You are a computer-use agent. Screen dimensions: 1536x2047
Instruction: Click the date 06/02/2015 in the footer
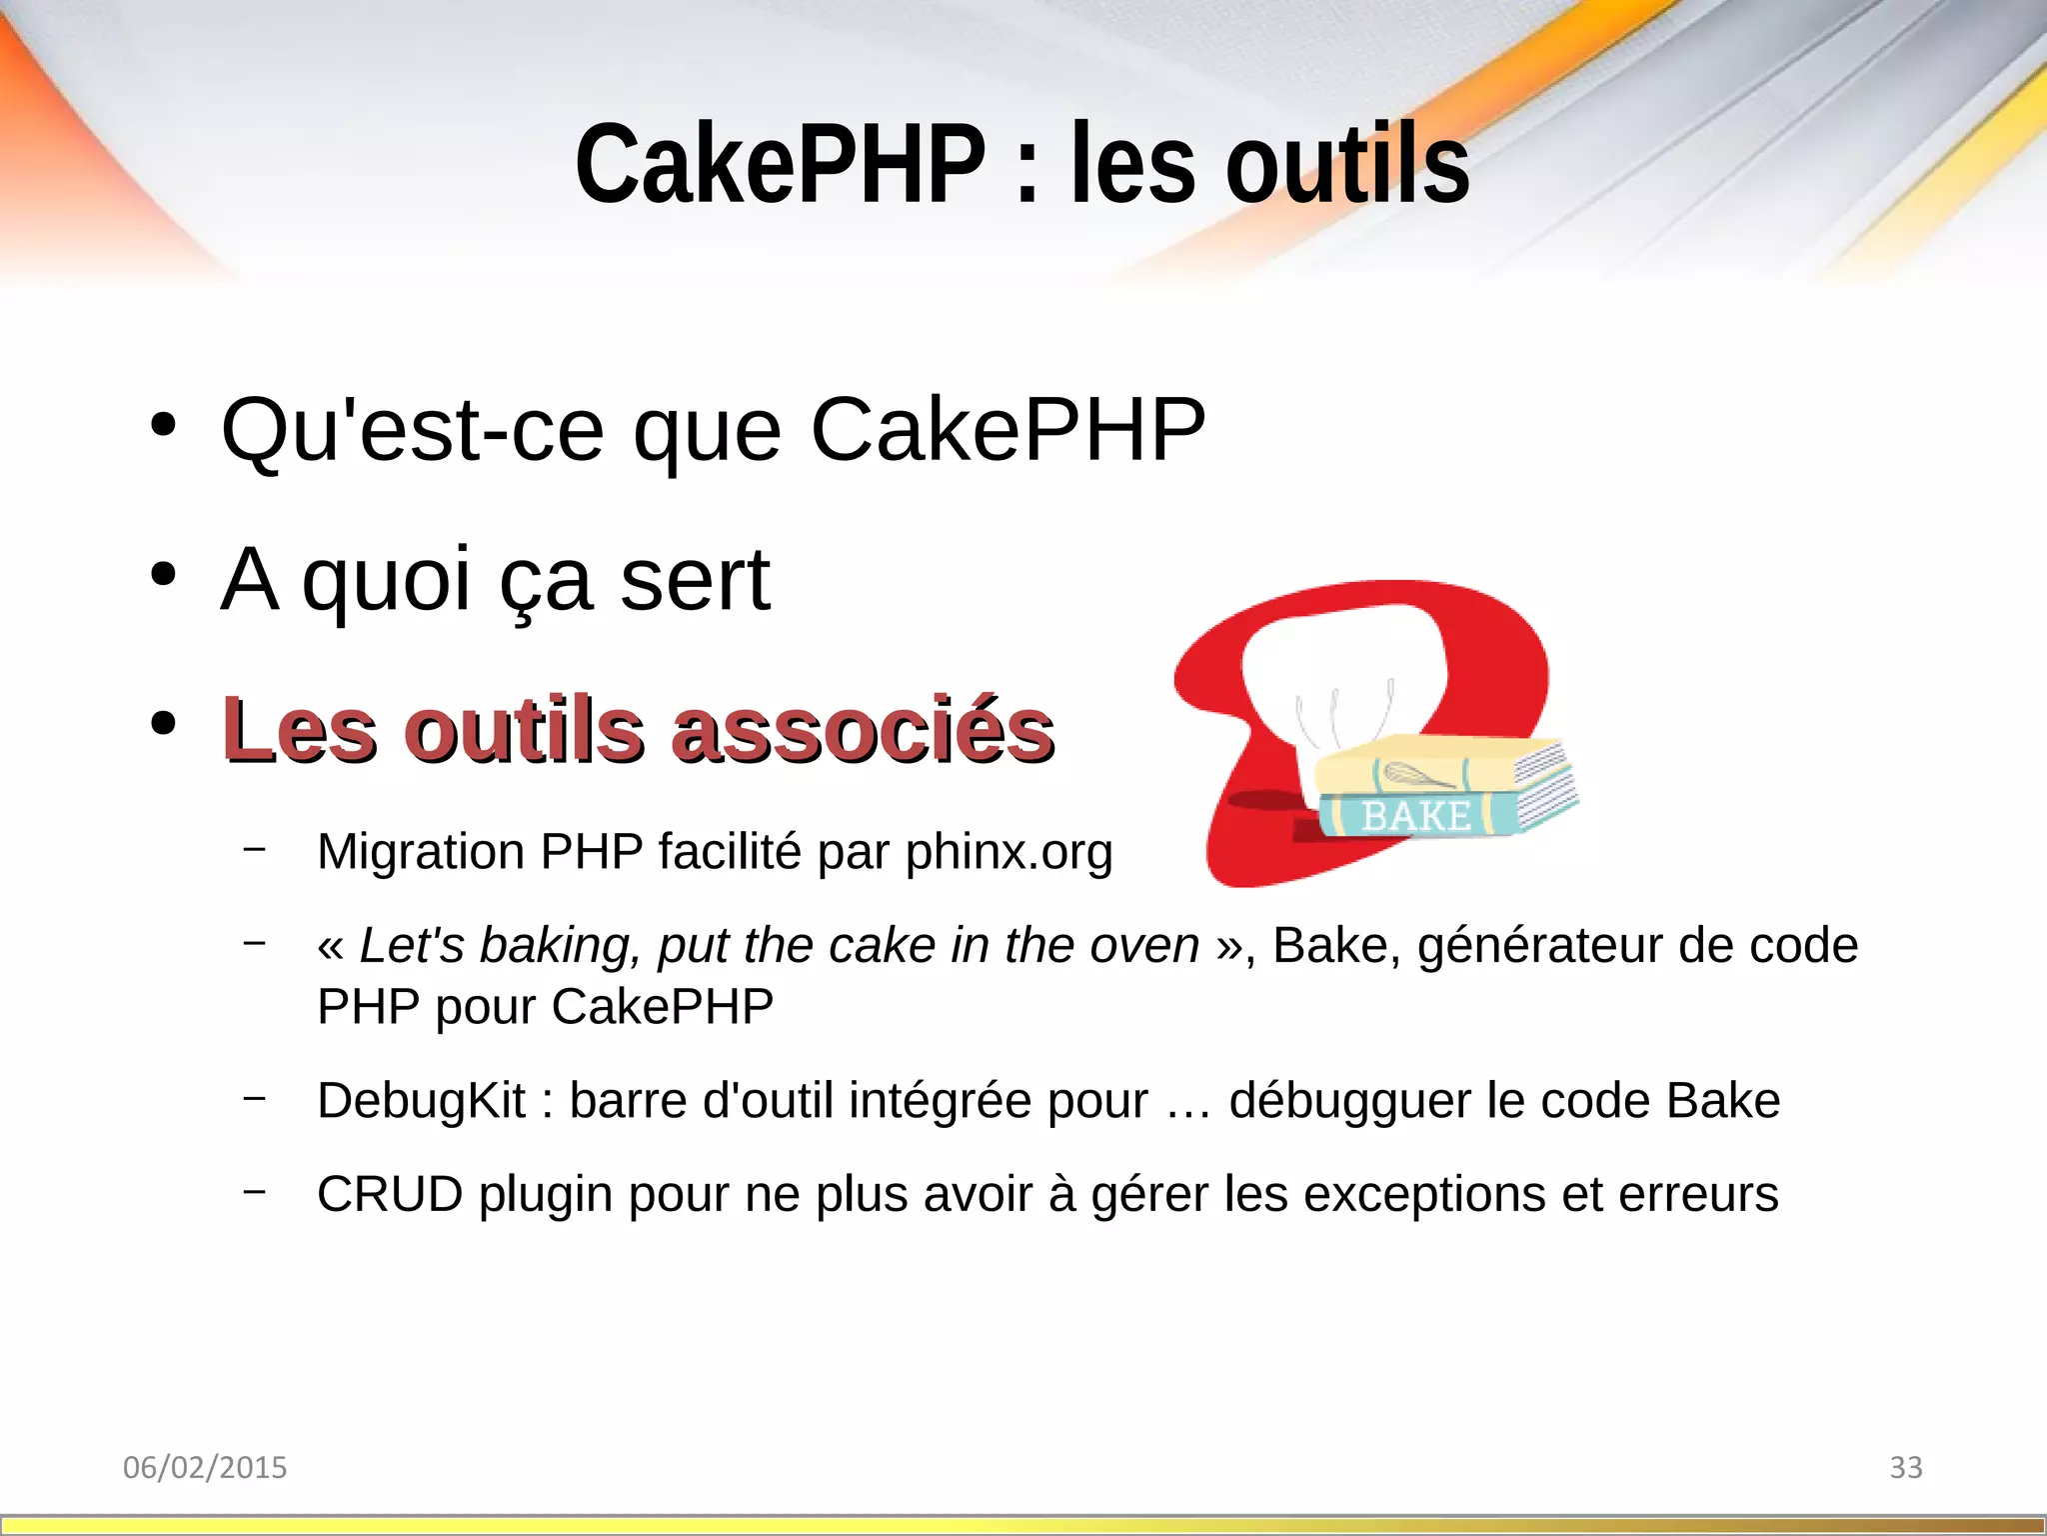click(205, 1467)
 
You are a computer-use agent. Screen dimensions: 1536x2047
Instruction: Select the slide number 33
click(1906, 1467)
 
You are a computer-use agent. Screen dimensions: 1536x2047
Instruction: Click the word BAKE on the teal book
click(1416, 816)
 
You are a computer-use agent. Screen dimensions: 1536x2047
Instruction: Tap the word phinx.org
click(1009, 852)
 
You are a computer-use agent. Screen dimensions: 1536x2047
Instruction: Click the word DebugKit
click(421, 1101)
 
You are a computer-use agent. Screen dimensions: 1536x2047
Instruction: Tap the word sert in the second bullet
click(695, 579)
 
